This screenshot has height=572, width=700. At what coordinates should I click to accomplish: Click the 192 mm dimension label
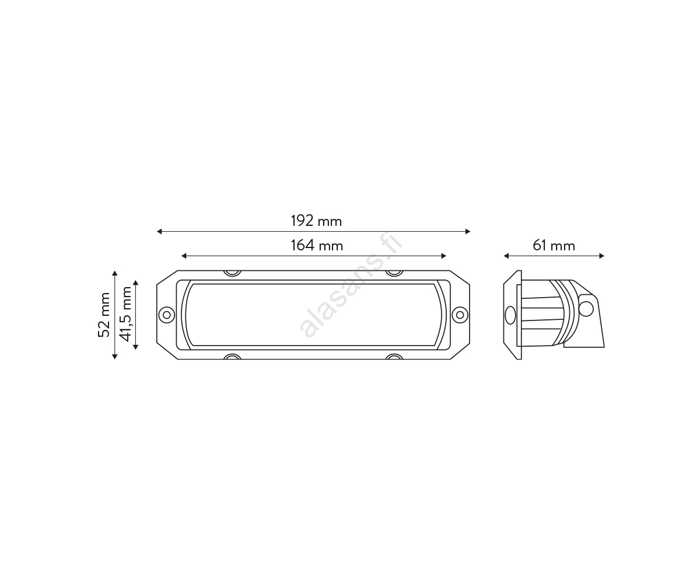pyautogui.click(x=316, y=221)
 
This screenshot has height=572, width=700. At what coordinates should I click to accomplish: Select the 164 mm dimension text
pyautogui.click(x=317, y=246)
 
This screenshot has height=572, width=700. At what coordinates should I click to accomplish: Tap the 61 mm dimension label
pyautogui.click(x=554, y=246)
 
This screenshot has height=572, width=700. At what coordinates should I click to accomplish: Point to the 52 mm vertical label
pyautogui.click(x=104, y=315)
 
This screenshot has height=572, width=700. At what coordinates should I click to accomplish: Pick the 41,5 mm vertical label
pyautogui.click(x=125, y=314)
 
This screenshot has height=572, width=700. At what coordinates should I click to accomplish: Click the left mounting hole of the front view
pyautogui.click(x=167, y=315)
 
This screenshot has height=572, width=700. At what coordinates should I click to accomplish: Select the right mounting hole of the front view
pyautogui.click(x=460, y=315)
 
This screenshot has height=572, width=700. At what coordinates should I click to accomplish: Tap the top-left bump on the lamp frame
pyautogui.click(x=232, y=273)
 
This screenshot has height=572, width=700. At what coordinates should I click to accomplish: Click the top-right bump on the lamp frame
pyautogui.click(x=394, y=273)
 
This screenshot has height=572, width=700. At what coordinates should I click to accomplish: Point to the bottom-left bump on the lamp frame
pyautogui.click(x=232, y=357)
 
